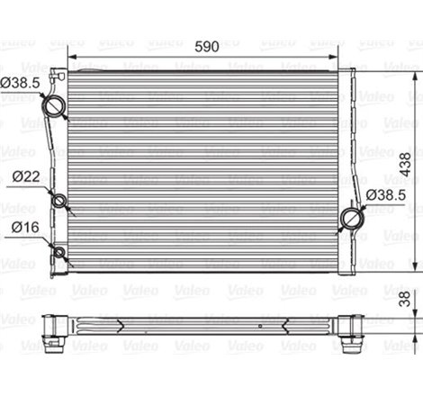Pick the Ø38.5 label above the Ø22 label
19,84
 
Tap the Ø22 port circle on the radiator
61,200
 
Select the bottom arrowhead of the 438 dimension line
416,266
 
